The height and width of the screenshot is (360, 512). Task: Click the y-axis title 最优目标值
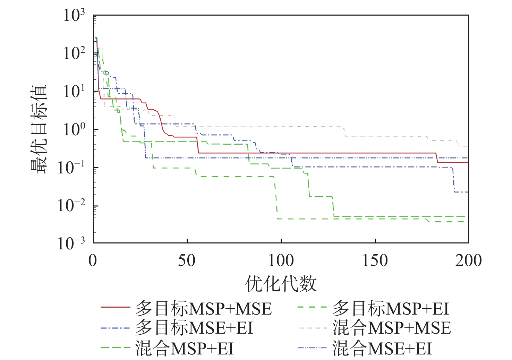[x=39, y=129]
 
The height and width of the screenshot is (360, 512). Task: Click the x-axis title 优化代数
[x=281, y=284]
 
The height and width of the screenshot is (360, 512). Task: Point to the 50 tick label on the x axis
[x=187, y=261]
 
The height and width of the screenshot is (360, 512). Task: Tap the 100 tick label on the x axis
[x=281, y=261]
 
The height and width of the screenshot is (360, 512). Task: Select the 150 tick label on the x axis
[x=375, y=261]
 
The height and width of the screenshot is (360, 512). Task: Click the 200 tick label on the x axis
[x=468, y=261]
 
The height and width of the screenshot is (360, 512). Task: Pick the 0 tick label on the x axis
[x=93, y=261]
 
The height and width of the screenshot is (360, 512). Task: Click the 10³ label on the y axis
[x=74, y=16]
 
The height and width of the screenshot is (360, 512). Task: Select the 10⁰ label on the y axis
[x=74, y=130]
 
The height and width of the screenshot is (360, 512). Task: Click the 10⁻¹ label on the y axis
[x=71, y=168]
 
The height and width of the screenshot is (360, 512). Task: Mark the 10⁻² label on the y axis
[x=71, y=206]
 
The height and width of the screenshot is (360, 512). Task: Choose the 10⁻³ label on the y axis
[x=71, y=244]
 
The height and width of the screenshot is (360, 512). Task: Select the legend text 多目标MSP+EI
[x=391, y=309]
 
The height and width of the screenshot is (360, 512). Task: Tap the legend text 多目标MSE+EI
[x=194, y=328]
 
